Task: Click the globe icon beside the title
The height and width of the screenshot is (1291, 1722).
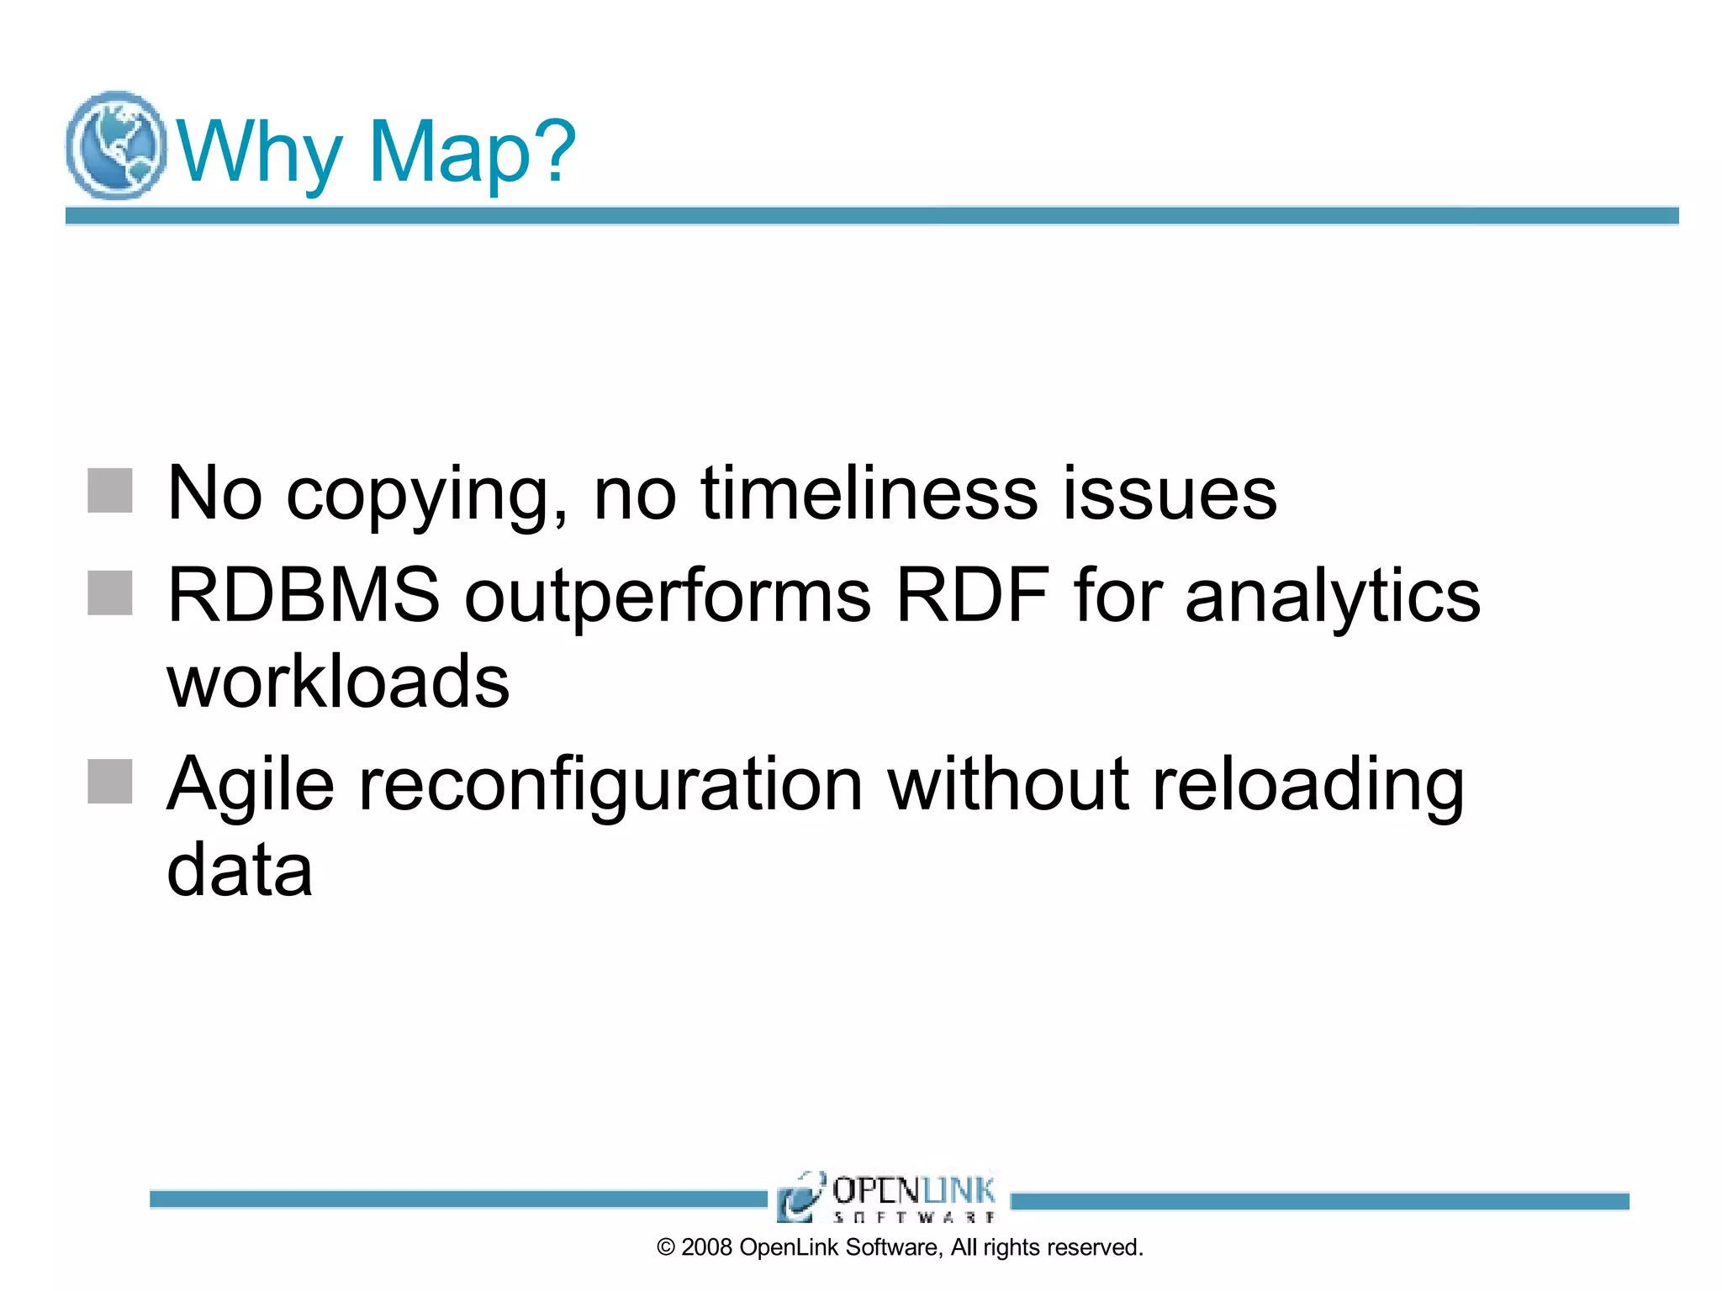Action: [x=116, y=145]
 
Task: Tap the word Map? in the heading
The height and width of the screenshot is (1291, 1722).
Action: [x=472, y=151]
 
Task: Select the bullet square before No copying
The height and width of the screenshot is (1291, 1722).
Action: [x=110, y=491]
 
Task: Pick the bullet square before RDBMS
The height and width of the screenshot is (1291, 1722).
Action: [x=110, y=593]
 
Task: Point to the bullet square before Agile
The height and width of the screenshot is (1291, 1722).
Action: [x=110, y=782]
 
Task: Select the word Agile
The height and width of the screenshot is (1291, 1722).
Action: [x=251, y=785]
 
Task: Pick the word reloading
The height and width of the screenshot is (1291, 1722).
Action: [x=1308, y=785]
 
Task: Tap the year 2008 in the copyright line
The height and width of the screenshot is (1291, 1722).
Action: [x=706, y=1247]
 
